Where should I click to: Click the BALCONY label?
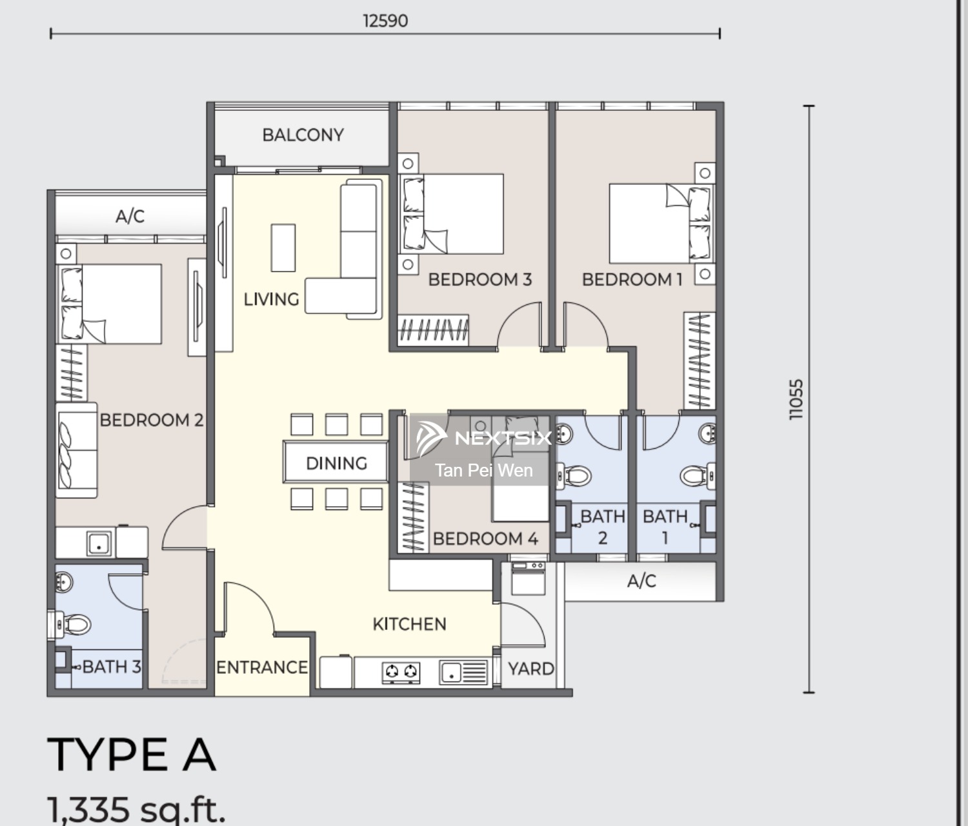point(303,135)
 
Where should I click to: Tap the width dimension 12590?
point(385,21)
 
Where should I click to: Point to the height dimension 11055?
point(796,399)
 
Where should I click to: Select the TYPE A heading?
point(132,755)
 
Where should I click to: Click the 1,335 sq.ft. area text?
point(136,810)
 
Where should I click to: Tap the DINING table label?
point(336,464)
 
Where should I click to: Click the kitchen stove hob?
point(401,673)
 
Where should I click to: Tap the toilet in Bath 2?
point(574,477)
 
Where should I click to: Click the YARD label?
point(531,669)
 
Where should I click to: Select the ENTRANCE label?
point(262,667)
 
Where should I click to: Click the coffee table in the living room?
point(283,248)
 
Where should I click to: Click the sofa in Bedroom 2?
point(77,449)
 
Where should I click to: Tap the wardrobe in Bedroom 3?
point(433,329)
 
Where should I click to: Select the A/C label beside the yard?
point(641,581)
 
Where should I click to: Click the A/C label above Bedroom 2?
point(130,216)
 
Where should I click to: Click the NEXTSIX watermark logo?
point(483,438)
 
